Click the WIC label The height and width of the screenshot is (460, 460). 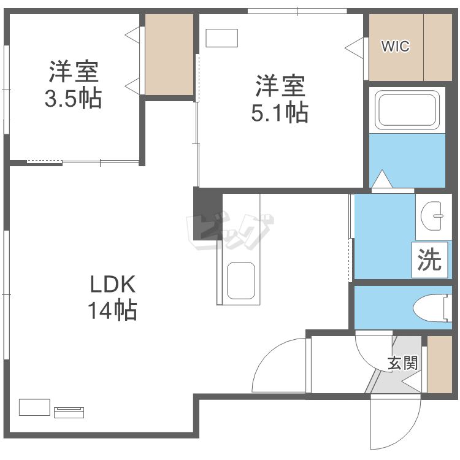click(396, 46)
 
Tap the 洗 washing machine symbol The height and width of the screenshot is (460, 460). click(429, 259)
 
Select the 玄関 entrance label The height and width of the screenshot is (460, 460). click(403, 362)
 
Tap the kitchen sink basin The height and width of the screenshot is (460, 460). click(240, 281)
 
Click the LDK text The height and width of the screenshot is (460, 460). click(112, 285)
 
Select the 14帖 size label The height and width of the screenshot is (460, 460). click(112, 311)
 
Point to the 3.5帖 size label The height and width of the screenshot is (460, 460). click(73, 99)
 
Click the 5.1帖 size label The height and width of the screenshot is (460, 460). click(280, 112)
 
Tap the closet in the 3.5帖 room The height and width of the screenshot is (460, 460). click(169, 54)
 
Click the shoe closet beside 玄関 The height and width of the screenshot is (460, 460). click(439, 364)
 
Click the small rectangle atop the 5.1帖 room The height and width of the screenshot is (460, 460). click(221, 37)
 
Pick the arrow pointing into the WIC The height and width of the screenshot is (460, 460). click(356, 47)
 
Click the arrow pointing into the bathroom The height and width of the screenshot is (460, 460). click(381, 180)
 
